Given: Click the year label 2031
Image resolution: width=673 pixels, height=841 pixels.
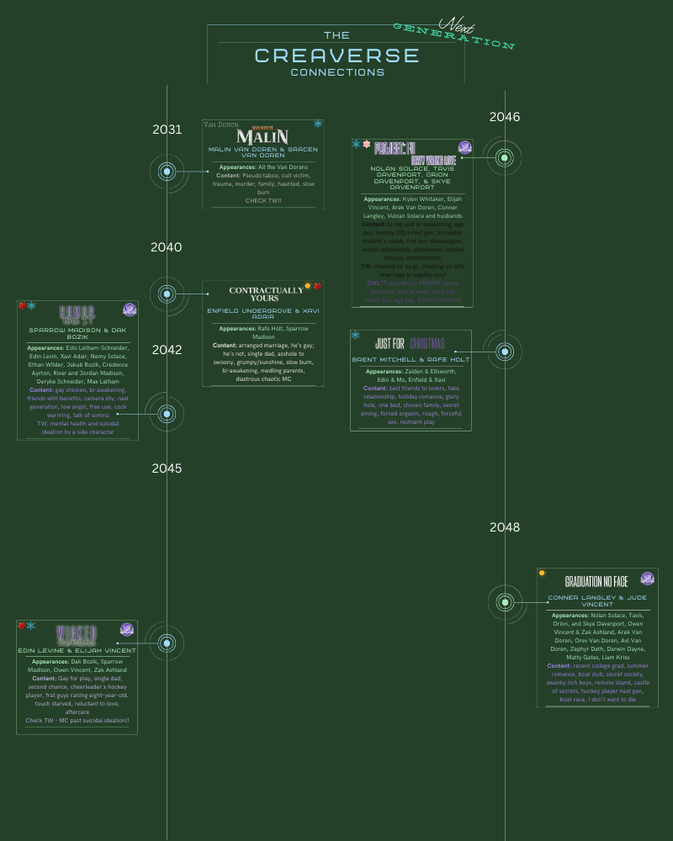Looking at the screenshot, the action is (167, 129).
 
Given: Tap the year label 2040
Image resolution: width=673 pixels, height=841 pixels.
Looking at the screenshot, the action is (166, 246).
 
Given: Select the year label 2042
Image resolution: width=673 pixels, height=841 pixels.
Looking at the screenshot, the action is (167, 350).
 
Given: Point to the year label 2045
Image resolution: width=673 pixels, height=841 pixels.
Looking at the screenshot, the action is (167, 468).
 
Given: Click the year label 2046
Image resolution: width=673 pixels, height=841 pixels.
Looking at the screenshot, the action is (505, 117).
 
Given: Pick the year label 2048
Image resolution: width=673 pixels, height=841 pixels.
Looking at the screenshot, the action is (505, 527).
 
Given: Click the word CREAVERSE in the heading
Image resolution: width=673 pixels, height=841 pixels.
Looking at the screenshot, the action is (336, 56).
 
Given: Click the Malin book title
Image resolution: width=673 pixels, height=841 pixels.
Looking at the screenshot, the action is (262, 136).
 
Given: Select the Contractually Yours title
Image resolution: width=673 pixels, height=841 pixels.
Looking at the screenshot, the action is (266, 294).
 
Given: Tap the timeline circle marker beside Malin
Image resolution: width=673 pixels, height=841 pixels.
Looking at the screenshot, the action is (167, 172).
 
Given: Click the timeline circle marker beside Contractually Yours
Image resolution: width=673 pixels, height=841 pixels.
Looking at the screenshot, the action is (167, 294).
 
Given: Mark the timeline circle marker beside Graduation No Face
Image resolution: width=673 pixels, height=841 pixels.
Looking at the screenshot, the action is (505, 601).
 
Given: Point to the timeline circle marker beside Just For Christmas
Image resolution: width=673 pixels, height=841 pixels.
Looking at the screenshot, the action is (505, 352).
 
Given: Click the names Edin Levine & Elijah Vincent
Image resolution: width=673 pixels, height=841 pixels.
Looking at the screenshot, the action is (77, 650).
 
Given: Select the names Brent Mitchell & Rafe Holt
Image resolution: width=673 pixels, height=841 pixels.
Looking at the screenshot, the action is (411, 359).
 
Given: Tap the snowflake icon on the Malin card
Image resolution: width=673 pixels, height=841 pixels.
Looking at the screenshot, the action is (318, 124).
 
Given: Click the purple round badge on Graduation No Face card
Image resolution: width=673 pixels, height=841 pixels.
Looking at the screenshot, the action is (647, 579).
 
